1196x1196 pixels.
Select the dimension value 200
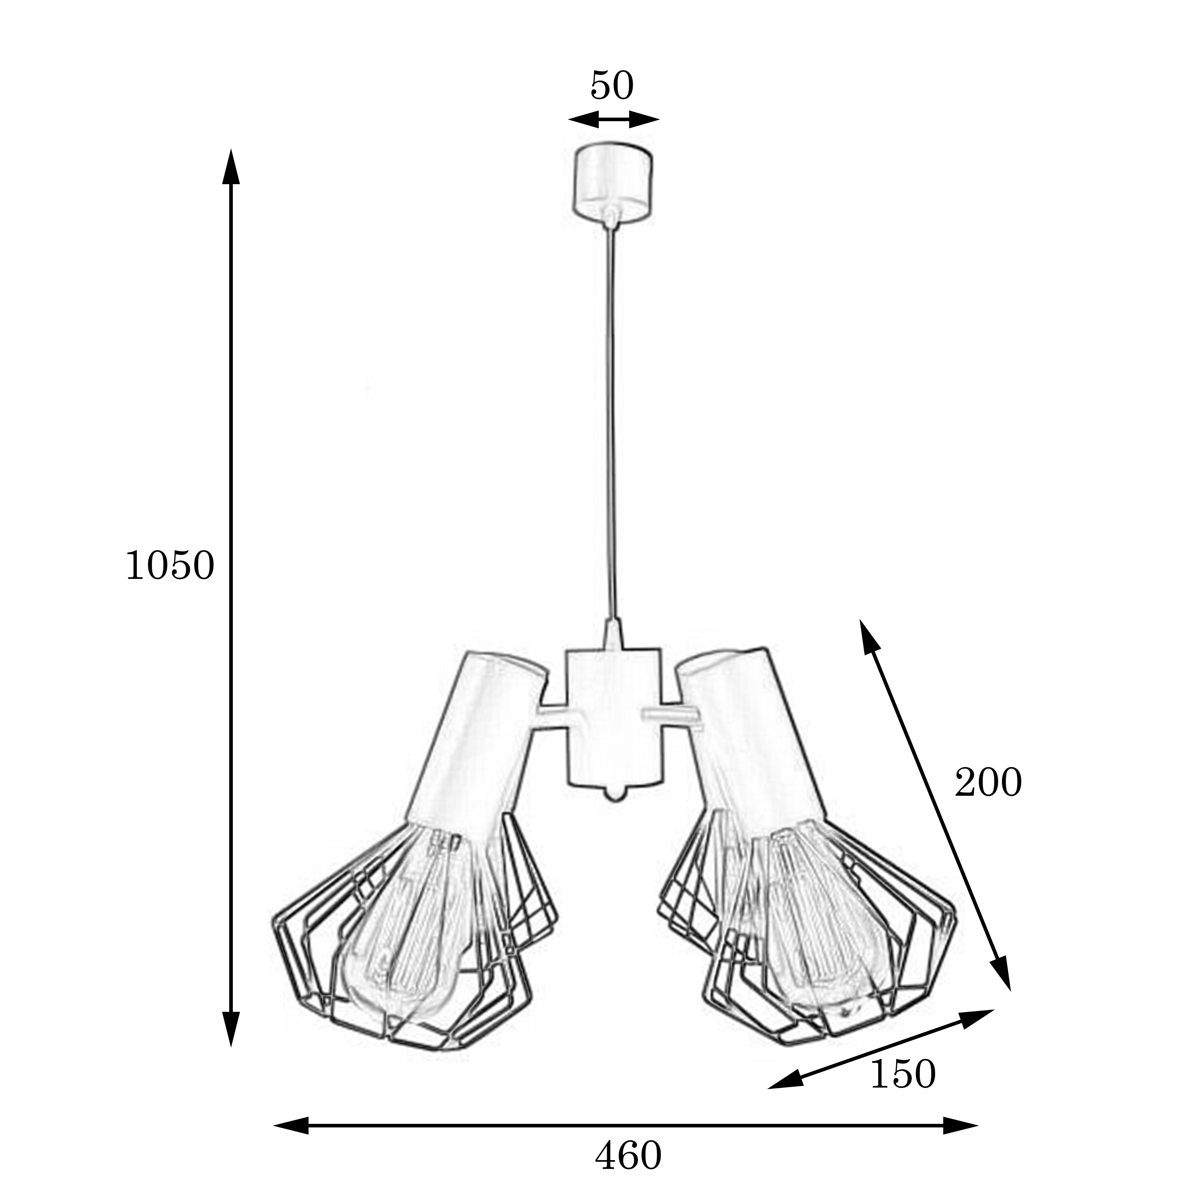[x=988, y=783]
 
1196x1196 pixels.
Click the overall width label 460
[x=628, y=1155]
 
